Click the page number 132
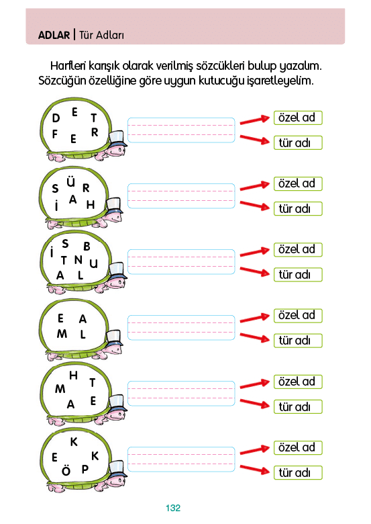pyautogui.click(x=173, y=508)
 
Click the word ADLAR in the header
pyautogui.click(x=54, y=35)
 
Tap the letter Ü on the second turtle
pyautogui.click(x=70, y=182)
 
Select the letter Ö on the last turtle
pyautogui.click(x=66, y=470)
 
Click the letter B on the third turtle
pyautogui.click(x=87, y=247)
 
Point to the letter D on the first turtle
pyautogui.click(x=56, y=118)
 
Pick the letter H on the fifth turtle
pyautogui.click(x=73, y=376)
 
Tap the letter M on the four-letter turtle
pyautogui.click(x=62, y=333)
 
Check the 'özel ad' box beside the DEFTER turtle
pyautogui.click(x=298, y=118)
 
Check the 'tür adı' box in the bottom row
pyautogui.click(x=298, y=472)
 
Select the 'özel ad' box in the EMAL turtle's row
pyautogui.click(x=298, y=316)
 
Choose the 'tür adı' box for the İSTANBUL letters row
pyautogui.click(x=298, y=275)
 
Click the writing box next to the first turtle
pyautogui.click(x=181, y=130)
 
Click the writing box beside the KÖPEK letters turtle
pyautogui.click(x=181, y=459)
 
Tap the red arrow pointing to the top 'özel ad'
pyautogui.click(x=254, y=120)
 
